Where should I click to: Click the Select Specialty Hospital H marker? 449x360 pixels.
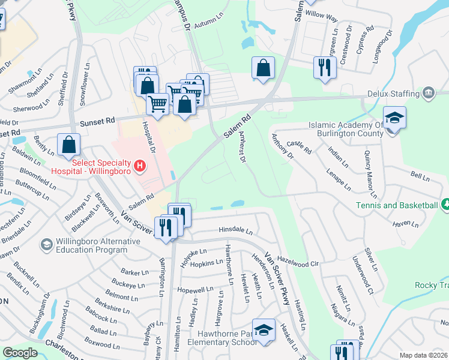pos(140,165)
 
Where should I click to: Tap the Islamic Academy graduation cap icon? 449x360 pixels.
pos(394,118)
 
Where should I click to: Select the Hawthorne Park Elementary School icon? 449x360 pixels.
pos(263,329)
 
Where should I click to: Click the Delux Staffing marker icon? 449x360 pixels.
pos(429,93)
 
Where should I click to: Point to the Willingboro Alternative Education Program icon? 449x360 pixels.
pos(46,244)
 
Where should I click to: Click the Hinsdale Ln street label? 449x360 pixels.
pos(235,230)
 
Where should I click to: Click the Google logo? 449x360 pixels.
pos(20,353)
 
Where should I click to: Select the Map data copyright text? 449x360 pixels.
pos(424,355)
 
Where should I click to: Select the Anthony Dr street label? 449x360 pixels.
pos(280,147)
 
